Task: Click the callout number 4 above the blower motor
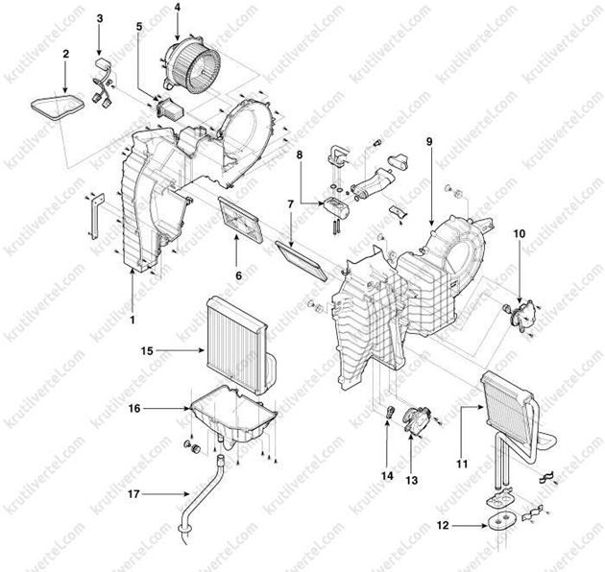pyautogui.click(x=177, y=7)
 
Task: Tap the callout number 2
pyautogui.click(x=65, y=54)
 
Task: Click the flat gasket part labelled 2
pyautogui.click(x=57, y=105)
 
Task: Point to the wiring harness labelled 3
pyautogui.click(x=102, y=83)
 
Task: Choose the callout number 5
pyautogui.click(x=139, y=26)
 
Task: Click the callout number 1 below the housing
pyautogui.click(x=133, y=320)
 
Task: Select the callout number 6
pyautogui.click(x=238, y=275)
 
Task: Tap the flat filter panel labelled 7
pyautogui.click(x=302, y=260)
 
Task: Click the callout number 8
pyautogui.click(x=300, y=155)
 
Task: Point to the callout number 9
pyautogui.click(x=429, y=141)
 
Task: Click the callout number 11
pyautogui.click(x=462, y=464)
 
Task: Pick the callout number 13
pyautogui.click(x=412, y=481)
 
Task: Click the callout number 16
pyautogui.click(x=134, y=408)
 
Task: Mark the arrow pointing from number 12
pyautogui.click(x=470, y=525)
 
